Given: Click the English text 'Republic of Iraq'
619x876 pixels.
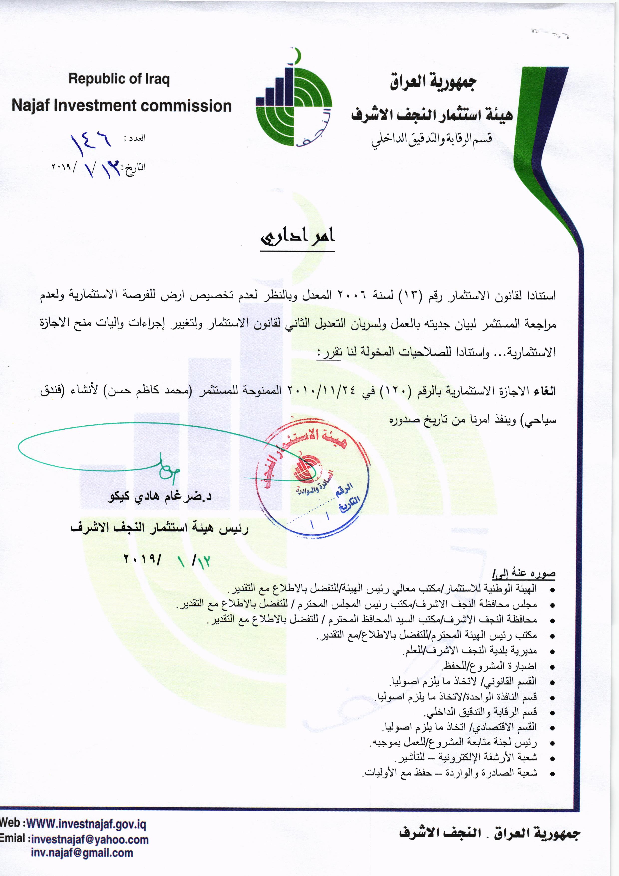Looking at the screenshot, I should click(x=119, y=79).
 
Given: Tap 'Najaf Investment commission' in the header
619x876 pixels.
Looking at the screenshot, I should click(x=122, y=106).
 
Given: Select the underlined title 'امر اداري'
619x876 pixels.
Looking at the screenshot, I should click(x=297, y=237).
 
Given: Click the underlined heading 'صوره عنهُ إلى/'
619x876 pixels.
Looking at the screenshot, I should click(x=524, y=574).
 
